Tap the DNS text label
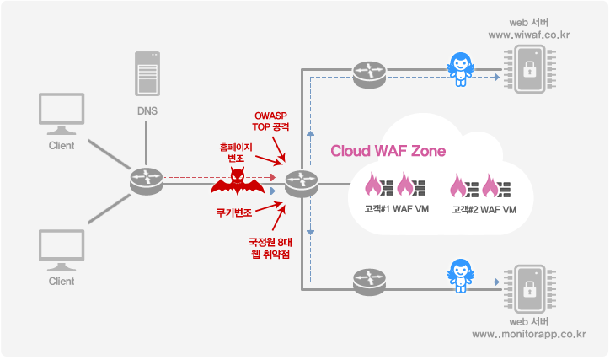pyautogui.click(x=147, y=110)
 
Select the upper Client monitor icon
pyautogui.click(x=62, y=114)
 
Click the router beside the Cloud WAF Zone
pyautogui.click(x=300, y=182)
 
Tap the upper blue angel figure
pyautogui.click(x=461, y=68)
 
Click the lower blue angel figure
pyautogui.click(x=461, y=275)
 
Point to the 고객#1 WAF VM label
pyautogui.click(x=390, y=208)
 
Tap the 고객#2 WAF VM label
pyautogui.click(x=484, y=208)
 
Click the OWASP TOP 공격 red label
pyautogui.click(x=275, y=121)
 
